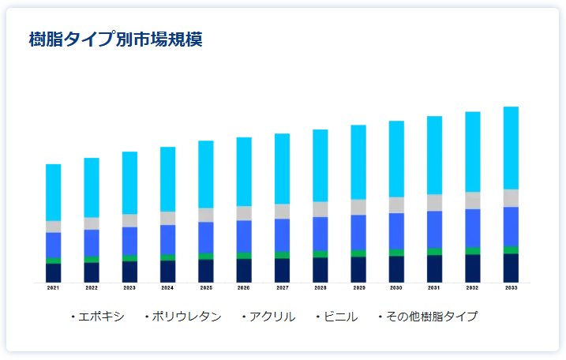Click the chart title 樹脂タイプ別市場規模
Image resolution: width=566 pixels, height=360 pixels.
(x=115, y=39)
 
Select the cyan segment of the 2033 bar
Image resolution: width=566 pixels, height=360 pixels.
(x=511, y=148)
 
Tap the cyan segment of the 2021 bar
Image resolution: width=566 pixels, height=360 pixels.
(x=53, y=192)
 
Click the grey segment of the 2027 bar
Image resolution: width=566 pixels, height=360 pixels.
(x=282, y=211)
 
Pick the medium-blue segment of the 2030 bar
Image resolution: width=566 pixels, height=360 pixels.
(x=396, y=231)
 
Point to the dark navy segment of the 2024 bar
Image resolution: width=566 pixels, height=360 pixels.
(x=167, y=271)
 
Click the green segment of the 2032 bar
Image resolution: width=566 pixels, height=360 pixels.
(x=473, y=250)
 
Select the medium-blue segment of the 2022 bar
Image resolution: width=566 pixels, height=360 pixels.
(x=92, y=242)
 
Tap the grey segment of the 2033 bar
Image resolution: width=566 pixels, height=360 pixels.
(x=511, y=197)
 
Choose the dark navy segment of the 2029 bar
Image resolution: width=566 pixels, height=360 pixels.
(x=358, y=269)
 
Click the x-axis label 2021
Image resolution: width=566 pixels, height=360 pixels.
(x=53, y=288)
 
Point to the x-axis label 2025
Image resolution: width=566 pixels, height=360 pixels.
(x=206, y=288)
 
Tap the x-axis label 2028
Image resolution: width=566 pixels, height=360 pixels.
(x=320, y=288)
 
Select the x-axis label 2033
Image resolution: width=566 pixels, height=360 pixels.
(x=511, y=288)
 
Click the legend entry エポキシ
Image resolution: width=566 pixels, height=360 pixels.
(x=101, y=317)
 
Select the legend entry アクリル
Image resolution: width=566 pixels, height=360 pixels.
(x=272, y=317)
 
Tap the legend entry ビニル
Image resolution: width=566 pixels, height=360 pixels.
(x=340, y=317)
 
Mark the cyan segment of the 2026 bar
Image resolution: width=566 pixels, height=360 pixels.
(x=244, y=171)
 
